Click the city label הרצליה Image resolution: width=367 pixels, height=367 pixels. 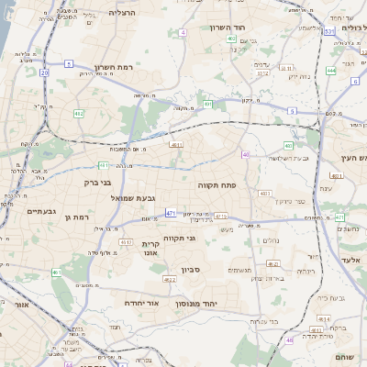(121, 13)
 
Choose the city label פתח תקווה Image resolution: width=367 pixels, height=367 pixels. (217, 184)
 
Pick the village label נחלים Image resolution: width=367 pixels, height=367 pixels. (272, 240)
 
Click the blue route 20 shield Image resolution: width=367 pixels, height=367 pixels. (44, 71)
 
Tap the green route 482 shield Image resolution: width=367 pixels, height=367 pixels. (79, 113)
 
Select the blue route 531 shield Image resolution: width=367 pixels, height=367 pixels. (328, 31)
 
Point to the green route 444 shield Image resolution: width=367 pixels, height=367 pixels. (330, 70)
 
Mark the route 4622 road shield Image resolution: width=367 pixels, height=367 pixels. (170, 279)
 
